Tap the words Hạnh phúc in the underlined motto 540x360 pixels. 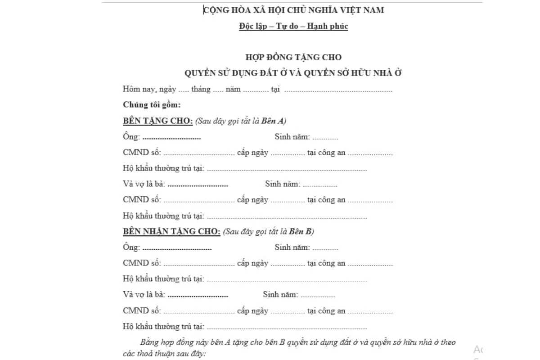click(332, 26)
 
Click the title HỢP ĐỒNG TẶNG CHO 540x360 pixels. click(293, 57)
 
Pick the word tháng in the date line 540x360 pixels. click(201, 89)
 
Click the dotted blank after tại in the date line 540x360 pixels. click(338, 90)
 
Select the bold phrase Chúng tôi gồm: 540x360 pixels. click(152, 105)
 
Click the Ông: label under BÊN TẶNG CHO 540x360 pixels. click(131, 137)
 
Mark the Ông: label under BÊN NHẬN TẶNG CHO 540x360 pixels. click(131, 247)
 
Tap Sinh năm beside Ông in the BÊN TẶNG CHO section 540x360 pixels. click(292, 137)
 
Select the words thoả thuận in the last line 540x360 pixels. click(155, 354)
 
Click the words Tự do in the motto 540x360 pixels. click(293, 26)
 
